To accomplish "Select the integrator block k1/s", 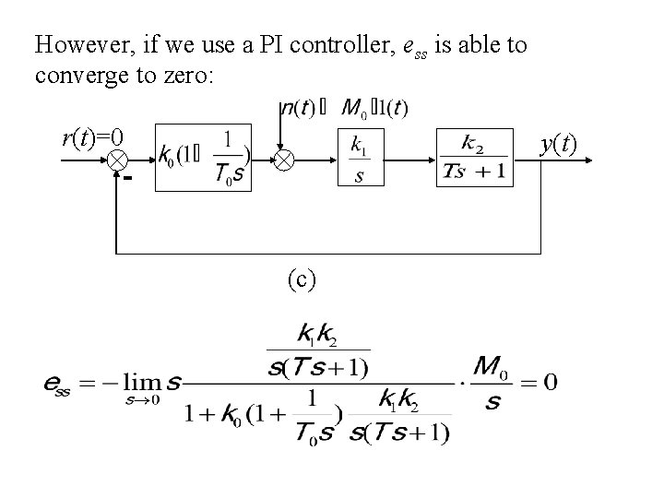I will [x=359, y=160].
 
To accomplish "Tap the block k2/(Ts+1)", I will [x=474, y=160].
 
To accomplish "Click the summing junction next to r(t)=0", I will [x=117, y=160].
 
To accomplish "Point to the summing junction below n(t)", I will [x=282, y=160].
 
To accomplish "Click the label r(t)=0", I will [x=92, y=139].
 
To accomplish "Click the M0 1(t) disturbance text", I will [x=373, y=108].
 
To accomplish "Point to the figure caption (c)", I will [x=302, y=279].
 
